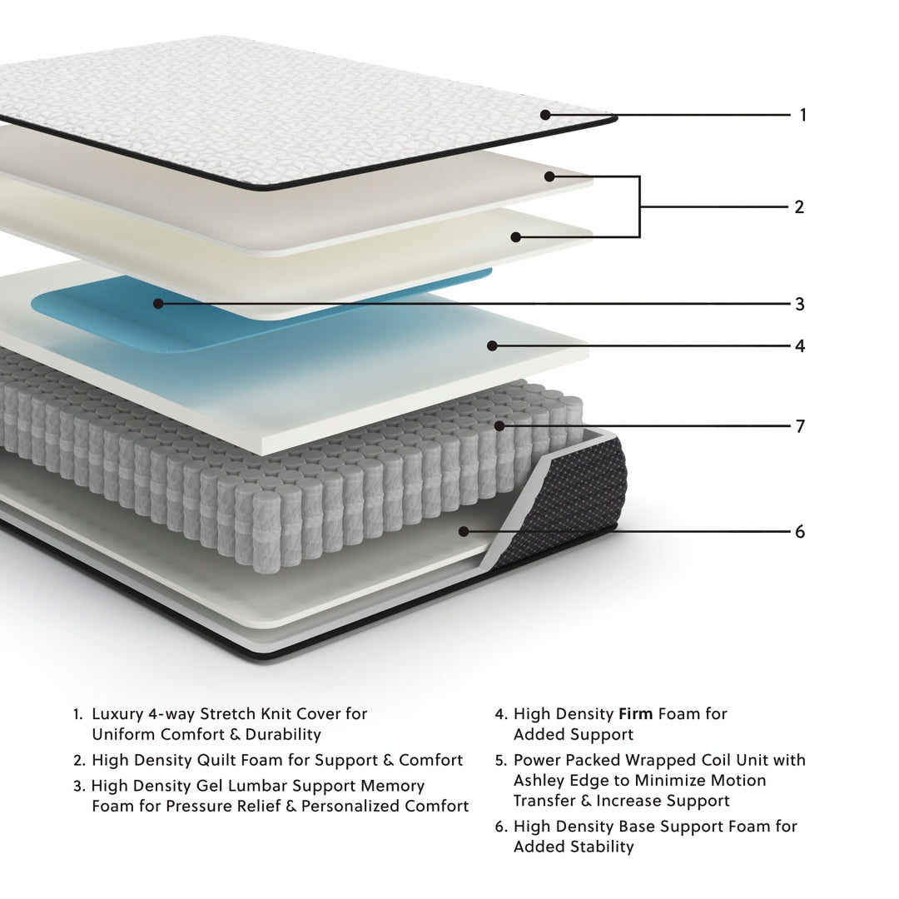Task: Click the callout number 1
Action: (x=803, y=115)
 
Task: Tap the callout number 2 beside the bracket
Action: (x=799, y=207)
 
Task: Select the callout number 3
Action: (x=800, y=305)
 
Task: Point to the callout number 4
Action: (x=800, y=346)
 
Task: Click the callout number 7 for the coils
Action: (x=800, y=427)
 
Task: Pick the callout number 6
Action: (x=800, y=532)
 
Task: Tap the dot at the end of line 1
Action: (x=545, y=115)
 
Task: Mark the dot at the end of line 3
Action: (x=158, y=304)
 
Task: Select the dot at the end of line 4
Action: (x=493, y=345)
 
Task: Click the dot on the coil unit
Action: (x=499, y=426)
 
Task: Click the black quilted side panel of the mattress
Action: (x=583, y=499)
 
